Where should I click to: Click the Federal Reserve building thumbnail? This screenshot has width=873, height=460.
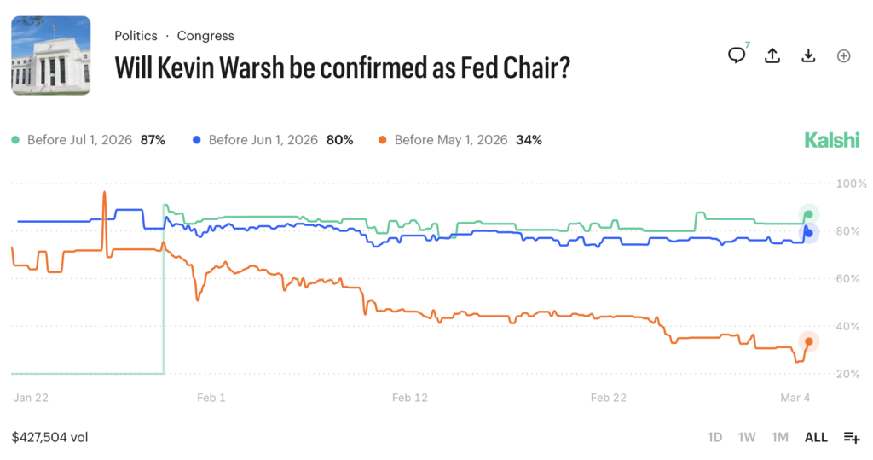[x=51, y=55]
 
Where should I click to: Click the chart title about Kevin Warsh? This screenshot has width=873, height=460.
[x=342, y=67]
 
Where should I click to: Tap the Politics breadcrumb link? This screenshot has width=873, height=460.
[x=136, y=36]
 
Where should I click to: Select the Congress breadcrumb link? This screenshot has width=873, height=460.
[x=205, y=36]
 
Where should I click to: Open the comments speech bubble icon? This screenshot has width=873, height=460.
[x=737, y=55]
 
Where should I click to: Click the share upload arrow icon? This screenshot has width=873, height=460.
[x=772, y=55]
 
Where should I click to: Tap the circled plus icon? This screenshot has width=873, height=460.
[x=843, y=55]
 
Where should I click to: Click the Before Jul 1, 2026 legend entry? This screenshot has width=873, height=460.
[x=88, y=140]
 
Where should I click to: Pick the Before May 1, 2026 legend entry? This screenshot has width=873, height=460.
[x=460, y=140]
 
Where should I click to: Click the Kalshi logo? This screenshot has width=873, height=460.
[x=832, y=140]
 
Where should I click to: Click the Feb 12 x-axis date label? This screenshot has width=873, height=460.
[x=410, y=398]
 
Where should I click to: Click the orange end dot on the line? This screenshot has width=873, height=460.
[x=808, y=341]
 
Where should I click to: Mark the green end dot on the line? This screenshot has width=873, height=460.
[x=808, y=213]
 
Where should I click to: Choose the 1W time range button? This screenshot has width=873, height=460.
[x=747, y=437]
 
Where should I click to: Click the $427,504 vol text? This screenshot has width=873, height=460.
[x=49, y=437]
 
